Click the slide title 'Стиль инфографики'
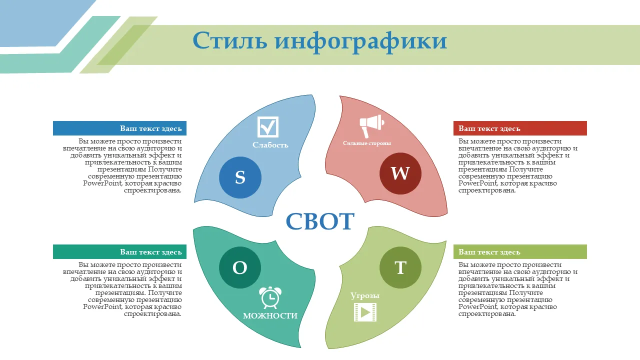coord(319,41)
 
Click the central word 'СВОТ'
coord(320,221)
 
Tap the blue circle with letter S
coord(240,177)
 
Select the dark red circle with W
coord(400,173)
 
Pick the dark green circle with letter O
coord(240,267)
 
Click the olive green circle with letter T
coord(400,267)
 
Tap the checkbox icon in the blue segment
coord(267,127)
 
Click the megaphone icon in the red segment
coord(371,126)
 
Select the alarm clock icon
coord(270,297)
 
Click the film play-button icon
coord(365,312)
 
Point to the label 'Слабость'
coord(270,145)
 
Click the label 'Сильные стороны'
coord(367,143)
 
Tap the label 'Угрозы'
coord(365,295)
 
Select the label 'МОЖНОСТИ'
coord(270,315)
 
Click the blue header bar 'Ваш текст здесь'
coord(119,128)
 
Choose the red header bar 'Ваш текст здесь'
coord(520,128)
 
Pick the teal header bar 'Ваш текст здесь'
coord(119,251)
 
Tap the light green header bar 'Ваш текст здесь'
coord(520,251)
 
